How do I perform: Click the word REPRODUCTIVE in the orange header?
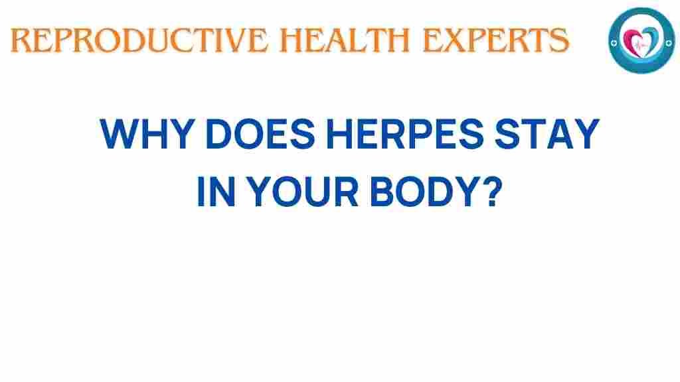coord(139,40)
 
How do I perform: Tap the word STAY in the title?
coord(547,134)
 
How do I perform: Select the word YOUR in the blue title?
coord(302,191)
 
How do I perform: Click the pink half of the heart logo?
coord(631,40)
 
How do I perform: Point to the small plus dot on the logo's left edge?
coord(614,43)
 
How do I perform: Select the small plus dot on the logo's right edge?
coord(669,43)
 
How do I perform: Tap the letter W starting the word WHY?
coord(120,134)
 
